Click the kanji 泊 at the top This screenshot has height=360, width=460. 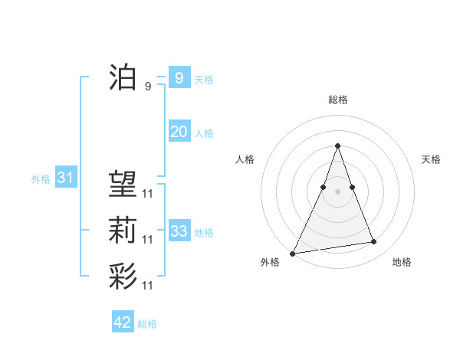click(123, 77)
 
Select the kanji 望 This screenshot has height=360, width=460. click(123, 183)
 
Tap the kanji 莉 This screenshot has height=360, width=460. click(123, 231)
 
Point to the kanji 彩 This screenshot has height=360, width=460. click(123, 277)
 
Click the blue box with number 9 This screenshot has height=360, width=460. click(179, 77)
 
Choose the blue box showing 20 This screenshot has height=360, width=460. click(179, 132)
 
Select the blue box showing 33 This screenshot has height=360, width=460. click(179, 231)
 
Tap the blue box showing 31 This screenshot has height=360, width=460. click(65, 178)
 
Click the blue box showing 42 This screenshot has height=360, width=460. click(123, 322)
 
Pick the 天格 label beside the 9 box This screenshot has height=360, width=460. click(204, 80)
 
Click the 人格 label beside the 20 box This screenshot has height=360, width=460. click(204, 133)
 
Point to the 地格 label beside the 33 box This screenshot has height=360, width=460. click(204, 233)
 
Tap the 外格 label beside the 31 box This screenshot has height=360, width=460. click(41, 180)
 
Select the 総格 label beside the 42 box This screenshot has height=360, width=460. click(147, 324)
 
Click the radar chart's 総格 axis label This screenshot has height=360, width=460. click(337, 100)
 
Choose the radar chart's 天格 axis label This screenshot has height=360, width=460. click(432, 159)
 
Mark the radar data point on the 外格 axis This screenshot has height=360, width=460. click(293, 253)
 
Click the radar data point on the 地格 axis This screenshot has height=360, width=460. click(374, 242)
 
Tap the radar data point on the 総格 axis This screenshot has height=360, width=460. click(337, 146)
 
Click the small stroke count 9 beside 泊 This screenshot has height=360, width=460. click(147, 86)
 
